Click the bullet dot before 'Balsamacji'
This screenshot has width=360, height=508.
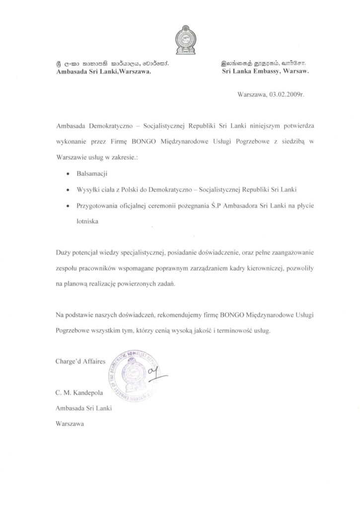coord(68,176)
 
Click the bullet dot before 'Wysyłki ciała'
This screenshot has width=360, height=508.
coord(68,190)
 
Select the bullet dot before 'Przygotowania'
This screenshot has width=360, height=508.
coord(68,205)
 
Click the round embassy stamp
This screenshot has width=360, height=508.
coord(135,373)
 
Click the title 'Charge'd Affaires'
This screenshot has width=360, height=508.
coord(80,363)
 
